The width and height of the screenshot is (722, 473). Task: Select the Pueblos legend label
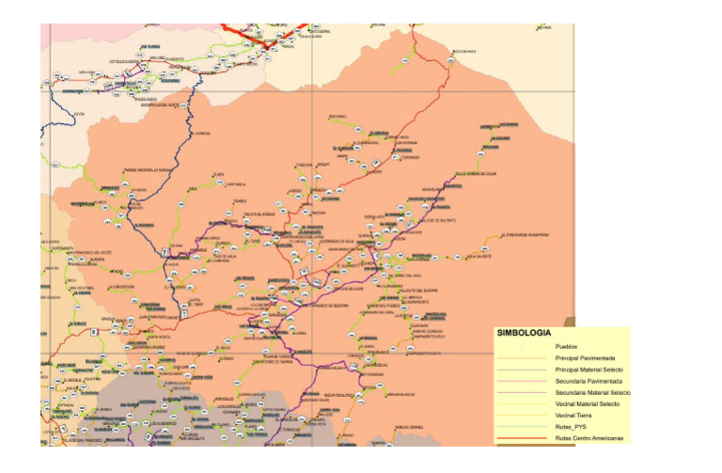pos(566,347)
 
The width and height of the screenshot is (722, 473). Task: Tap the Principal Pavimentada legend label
pos(586,358)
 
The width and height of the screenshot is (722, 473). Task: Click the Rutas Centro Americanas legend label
pos(589,437)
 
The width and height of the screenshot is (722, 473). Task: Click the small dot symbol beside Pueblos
pos(520,347)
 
